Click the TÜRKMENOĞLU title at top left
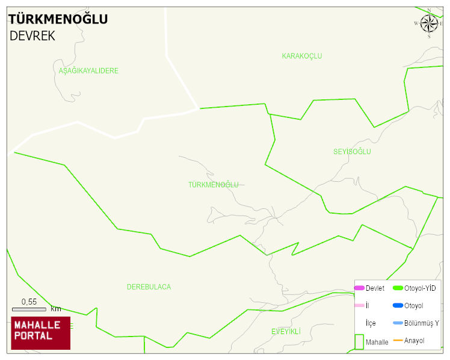point(58,19)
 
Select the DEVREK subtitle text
point(32,36)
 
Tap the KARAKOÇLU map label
point(302,56)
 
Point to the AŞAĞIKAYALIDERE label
point(88,71)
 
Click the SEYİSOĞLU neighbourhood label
point(352,152)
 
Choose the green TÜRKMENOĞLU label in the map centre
point(214,185)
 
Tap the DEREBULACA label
point(149,287)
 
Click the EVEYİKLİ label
point(286,332)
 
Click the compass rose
point(429,23)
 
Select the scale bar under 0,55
point(29,309)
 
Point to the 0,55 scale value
point(29,302)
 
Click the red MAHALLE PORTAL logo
point(40,333)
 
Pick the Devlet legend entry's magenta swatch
point(359,288)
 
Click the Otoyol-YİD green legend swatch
point(398,288)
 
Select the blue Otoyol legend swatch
point(398,306)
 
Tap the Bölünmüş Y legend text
point(422,323)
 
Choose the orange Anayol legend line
point(398,341)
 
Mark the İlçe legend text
point(371,323)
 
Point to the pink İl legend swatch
point(359,306)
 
